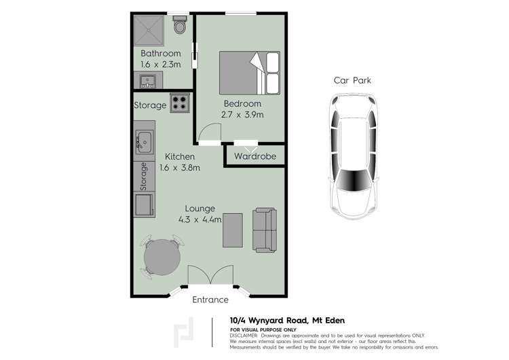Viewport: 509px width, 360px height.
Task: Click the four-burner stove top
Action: point(180,103)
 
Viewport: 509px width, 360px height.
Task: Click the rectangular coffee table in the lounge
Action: point(233,232)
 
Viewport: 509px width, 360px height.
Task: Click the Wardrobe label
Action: point(254,156)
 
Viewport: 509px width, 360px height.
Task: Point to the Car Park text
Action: point(352,80)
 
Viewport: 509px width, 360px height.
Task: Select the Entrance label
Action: point(210,300)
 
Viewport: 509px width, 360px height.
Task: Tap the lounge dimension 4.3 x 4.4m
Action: point(200,219)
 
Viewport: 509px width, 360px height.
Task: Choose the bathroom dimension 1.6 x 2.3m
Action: point(161,64)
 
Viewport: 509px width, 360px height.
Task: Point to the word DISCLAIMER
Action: point(244,336)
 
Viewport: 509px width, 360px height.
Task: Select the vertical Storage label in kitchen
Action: point(143,177)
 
